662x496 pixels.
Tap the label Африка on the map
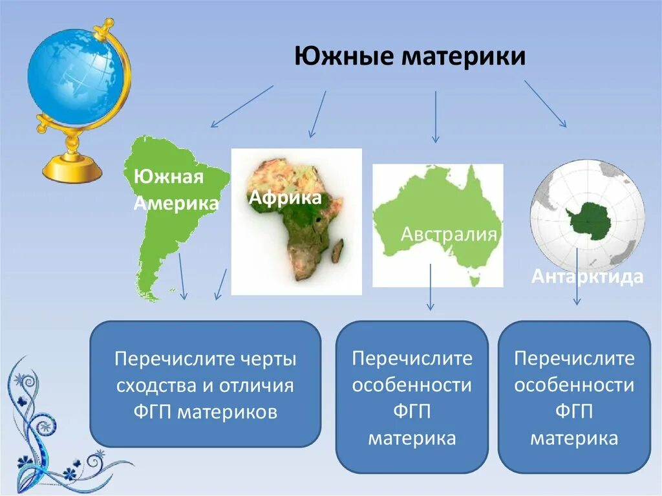click(285, 197)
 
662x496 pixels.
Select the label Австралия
click(449, 234)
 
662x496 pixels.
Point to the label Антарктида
click(587, 277)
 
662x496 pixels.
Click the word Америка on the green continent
click(176, 203)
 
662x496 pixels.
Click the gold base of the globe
click(72, 169)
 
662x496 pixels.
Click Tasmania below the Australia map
click(475, 281)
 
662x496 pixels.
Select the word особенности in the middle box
click(412, 386)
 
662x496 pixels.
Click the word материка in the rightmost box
click(574, 438)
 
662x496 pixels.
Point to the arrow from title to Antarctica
click(545, 103)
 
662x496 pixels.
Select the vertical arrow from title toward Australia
click(435, 116)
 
